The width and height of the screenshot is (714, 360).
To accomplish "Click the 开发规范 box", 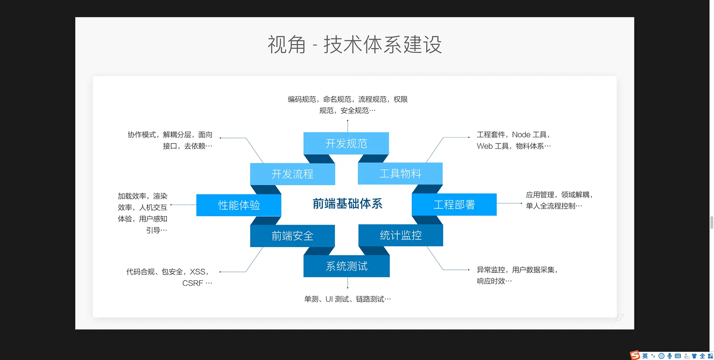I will coord(346,143).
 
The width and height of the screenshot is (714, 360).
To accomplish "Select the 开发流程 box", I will coord(293,174).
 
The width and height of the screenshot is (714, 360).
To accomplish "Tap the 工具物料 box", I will coord(400,174).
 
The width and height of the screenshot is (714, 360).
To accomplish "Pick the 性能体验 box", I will coord(239,205).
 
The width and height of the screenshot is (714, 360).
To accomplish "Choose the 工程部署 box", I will coord(454,205).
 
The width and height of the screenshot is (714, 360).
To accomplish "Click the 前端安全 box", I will coord(293,236).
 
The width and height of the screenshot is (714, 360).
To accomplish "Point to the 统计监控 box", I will coord(401,236).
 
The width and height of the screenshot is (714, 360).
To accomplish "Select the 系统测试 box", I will coord(347,266).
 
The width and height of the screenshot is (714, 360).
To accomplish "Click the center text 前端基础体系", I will coord(347,204).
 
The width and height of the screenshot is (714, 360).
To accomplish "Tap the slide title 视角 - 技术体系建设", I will coord(355,45).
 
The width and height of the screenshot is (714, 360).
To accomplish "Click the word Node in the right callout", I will coord(521,135).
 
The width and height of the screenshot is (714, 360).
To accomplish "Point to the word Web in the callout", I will coord(484,146).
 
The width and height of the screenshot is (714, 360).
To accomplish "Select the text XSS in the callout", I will coord(198,272).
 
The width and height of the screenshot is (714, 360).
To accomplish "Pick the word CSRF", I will coord(193,283).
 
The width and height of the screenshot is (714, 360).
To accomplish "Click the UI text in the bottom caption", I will coord(329,299).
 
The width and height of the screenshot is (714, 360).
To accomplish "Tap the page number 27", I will coord(619,318).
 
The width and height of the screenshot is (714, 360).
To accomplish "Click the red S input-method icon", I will coord(635,356).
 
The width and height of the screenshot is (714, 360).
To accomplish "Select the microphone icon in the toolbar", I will coord(670,356).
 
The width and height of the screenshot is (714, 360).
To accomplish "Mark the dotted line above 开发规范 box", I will coord(348,126).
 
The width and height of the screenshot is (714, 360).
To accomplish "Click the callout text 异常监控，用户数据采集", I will coord(516,270).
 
